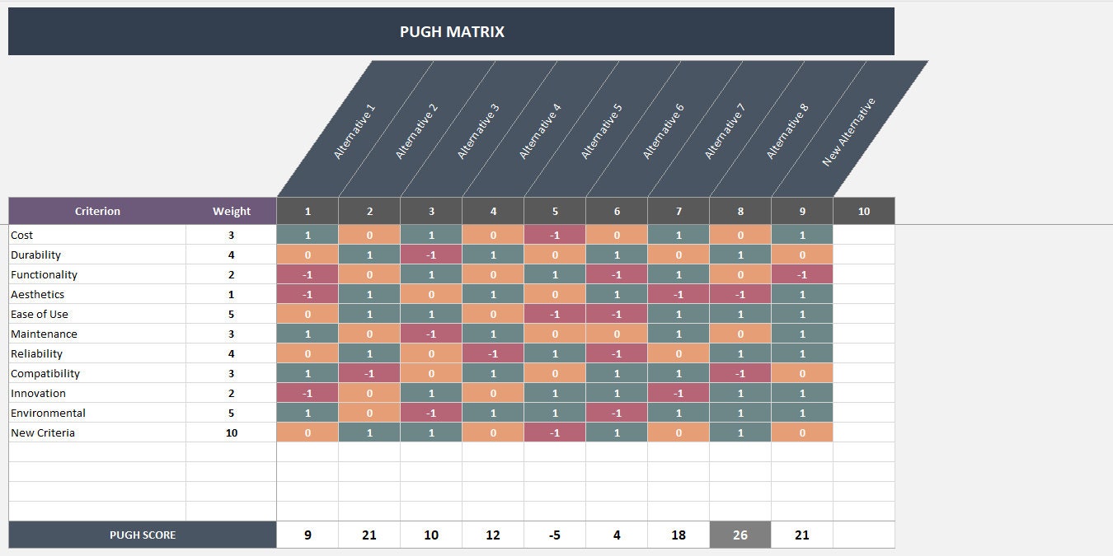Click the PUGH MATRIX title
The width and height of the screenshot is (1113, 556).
452,32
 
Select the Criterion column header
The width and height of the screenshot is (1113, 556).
97,211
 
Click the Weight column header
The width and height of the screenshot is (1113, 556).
231,211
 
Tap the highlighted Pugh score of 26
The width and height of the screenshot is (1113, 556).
740,535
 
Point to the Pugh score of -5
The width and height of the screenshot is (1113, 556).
555,535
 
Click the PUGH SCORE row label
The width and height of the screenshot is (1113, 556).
143,535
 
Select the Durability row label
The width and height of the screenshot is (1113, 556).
36,255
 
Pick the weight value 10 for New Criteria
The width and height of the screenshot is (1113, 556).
231,432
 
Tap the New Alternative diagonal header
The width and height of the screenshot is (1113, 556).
848,132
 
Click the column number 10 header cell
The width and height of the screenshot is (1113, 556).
864,211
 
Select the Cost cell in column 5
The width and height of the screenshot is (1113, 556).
555,235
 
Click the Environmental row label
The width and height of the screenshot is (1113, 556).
48,413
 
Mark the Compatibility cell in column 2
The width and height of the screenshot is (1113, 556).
369,373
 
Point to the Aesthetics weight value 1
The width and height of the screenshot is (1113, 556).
231,294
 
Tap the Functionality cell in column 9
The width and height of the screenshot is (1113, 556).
802,274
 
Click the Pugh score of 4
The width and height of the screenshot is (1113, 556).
617,535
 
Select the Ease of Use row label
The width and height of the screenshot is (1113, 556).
40,314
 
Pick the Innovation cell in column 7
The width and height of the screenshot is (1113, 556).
679,393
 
